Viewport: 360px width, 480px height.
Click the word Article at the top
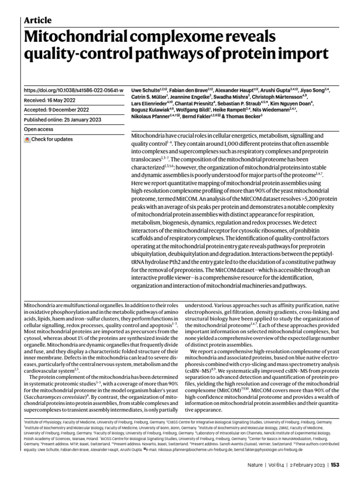point(37,20)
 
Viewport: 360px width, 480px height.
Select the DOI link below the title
point(74,90)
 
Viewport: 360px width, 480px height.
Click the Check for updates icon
point(27,140)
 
